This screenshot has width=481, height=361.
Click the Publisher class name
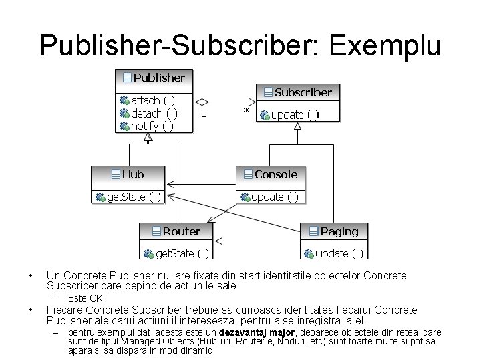point(159,78)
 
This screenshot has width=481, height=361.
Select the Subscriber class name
point(303,92)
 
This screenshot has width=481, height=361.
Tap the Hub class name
point(132,174)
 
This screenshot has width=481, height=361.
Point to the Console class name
point(276,174)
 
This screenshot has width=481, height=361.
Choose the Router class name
point(181,231)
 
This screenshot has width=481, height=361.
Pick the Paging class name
point(339,231)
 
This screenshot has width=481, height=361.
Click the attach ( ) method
point(153,100)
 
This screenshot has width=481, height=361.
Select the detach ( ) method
point(154,113)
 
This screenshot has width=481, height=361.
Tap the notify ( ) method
point(153,126)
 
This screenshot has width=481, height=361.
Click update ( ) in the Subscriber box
point(295,115)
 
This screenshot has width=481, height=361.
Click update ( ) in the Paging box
point(339,253)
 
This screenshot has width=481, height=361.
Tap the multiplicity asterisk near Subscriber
point(246,111)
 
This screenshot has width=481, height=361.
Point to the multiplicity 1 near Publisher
point(203,113)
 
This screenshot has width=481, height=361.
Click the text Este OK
point(86,298)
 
